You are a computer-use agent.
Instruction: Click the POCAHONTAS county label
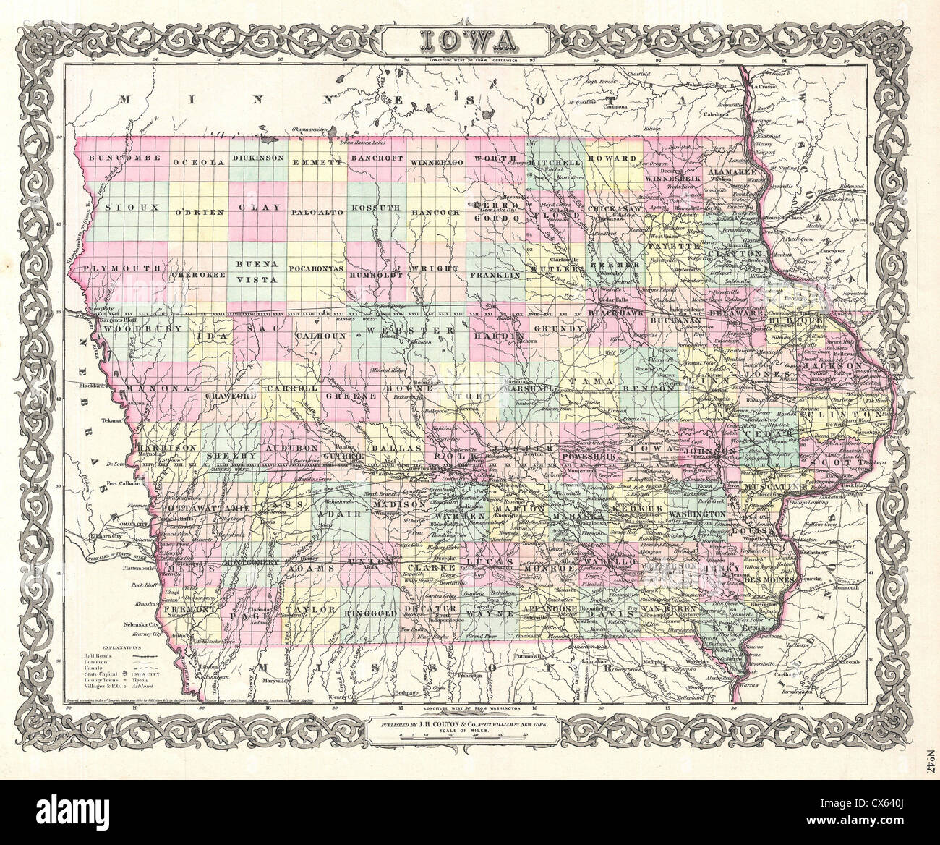click(316, 268)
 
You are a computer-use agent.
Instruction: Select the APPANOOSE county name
click(535, 610)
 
